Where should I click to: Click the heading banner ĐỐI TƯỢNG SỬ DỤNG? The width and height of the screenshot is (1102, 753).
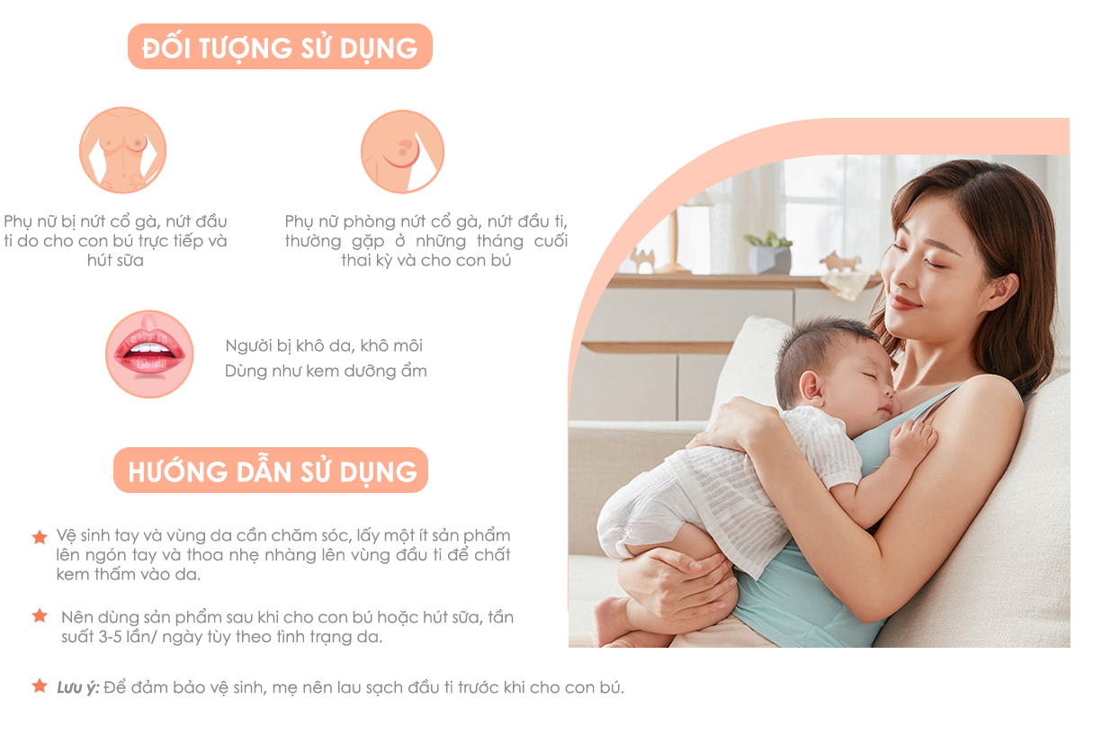click(x=280, y=47)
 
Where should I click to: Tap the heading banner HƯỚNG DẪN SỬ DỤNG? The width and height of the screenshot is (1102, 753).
click(x=271, y=471)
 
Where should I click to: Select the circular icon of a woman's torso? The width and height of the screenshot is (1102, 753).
click(x=123, y=150)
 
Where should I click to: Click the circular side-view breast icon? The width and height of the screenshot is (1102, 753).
click(x=402, y=151)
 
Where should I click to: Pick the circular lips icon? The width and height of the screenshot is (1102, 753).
click(x=149, y=354)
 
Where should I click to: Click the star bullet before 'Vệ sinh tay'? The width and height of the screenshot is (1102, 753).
click(x=40, y=537)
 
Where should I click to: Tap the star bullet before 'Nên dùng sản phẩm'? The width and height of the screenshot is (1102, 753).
click(x=40, y=615)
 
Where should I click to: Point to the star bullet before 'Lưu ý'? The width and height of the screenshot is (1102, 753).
click(x=40, y=686)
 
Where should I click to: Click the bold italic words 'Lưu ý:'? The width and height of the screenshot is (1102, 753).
click(x=78, y=687)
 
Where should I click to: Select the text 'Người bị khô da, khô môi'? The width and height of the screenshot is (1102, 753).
click(x=324, y=345)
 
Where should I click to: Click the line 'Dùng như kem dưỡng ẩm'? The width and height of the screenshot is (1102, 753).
click(x=326, y=371)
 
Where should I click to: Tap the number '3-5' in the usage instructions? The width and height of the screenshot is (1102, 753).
click(x=110, y=637)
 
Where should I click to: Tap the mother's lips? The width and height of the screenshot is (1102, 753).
click(x=903, y=301)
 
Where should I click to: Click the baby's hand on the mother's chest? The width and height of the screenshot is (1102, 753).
click(x=911, y=441)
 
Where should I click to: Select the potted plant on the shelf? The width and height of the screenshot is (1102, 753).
click(x=769, y=253)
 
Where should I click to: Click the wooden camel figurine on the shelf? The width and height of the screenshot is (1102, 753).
click(x=643, y=260)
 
